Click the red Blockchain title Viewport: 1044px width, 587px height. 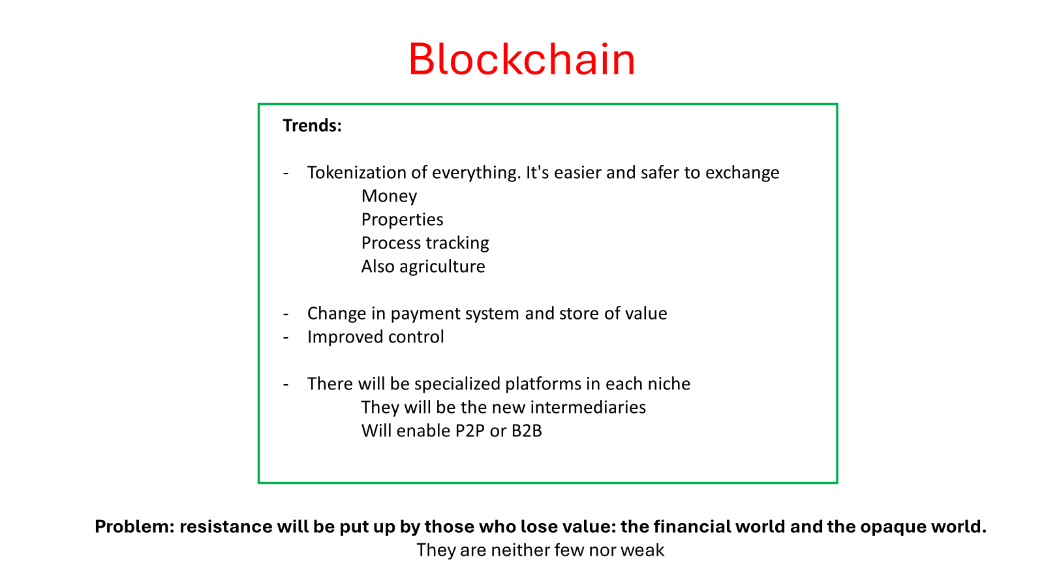click(x=522, y=59)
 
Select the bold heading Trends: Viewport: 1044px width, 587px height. click(x=313, y=125)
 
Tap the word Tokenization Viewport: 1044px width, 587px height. click(x=356, y=173)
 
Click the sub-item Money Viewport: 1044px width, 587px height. click(x=389, y=196)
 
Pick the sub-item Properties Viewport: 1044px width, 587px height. click(x=402, y=220)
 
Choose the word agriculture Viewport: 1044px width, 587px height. click(x=442, y=267)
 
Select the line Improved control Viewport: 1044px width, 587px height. click(x=376, y=337)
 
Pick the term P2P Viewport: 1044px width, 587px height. click(x=470, y=431)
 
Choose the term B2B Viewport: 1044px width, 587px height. click(x=527, y=431)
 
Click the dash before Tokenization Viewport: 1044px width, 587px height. click(x=286, y=173)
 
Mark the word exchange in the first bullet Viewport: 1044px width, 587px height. click(x=742, y=173)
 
